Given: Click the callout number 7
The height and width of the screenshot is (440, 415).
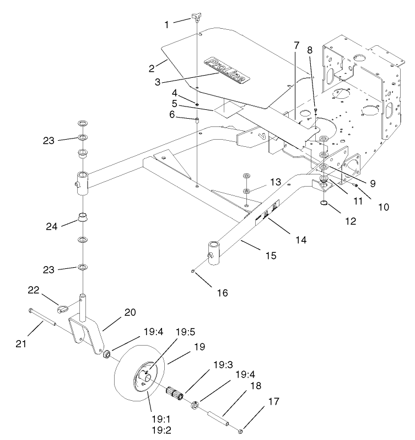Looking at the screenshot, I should (x=296, y=44).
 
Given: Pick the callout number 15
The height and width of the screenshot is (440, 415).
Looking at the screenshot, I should (x=271, y=256).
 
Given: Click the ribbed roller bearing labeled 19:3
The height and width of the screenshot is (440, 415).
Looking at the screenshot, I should (x=176, y=396).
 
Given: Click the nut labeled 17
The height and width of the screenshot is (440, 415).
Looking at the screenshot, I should (x=241, y=431).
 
